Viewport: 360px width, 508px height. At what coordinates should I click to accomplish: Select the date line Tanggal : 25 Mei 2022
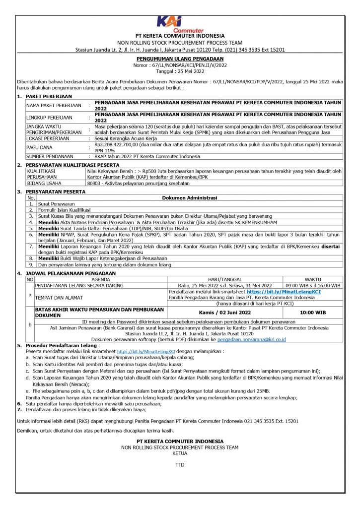tap(179, 69)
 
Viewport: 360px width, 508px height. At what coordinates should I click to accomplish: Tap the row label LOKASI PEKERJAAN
tap(49, 139)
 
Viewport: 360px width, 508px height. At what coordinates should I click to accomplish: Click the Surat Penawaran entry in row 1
tap(56, 203)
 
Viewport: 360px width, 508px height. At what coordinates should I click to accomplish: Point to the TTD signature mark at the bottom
tap(179, 465)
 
